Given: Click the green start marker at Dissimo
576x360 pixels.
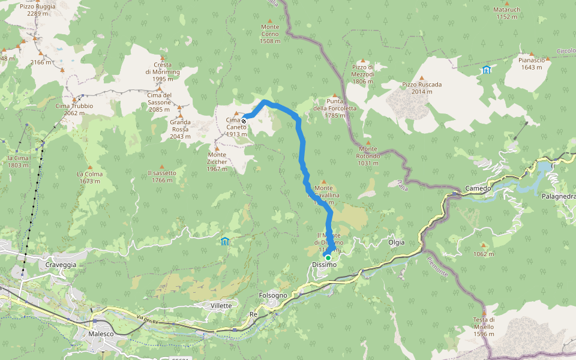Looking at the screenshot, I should point(328,258).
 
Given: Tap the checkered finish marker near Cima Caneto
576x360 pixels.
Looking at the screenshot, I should point(244,121).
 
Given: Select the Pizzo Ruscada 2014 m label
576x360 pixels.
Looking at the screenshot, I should point(422,88).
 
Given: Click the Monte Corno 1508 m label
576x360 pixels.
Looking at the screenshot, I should point(270,34).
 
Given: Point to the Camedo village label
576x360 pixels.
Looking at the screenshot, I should point(478,188).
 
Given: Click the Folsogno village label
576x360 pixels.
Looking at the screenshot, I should point(273,295).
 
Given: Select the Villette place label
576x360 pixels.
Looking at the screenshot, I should point(221,305).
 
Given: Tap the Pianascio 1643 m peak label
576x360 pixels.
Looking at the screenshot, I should point(531,63).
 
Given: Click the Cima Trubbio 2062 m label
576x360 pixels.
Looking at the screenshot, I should point(74,109).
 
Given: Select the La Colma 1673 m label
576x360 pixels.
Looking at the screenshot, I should point(89,177).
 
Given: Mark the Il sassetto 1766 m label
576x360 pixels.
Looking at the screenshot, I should point(162,176).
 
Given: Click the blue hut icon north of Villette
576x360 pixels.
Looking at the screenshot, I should point(224,241).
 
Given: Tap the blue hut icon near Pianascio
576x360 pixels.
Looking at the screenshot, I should point(486,70).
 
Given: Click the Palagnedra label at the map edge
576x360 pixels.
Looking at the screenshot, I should point(558,196).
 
